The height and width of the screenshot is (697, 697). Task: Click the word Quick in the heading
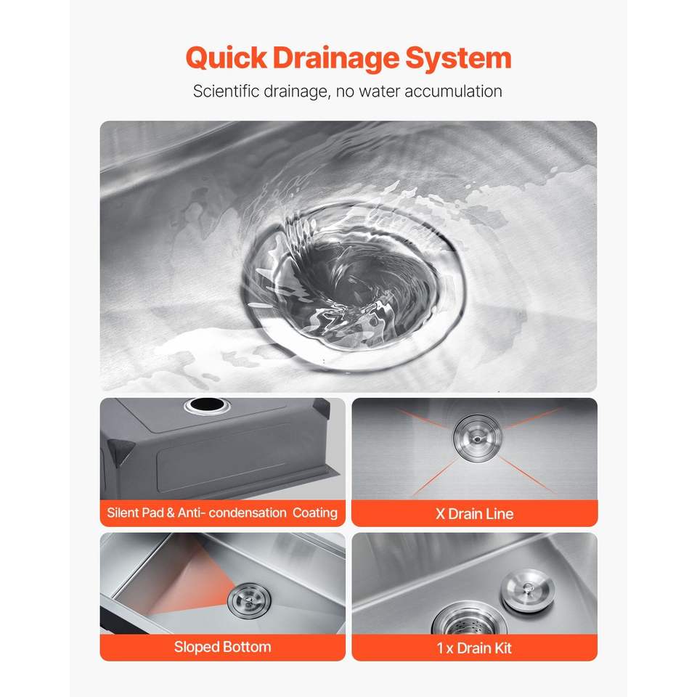click(x=227, y=59)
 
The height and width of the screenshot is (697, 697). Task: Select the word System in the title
click(x=458, y=59)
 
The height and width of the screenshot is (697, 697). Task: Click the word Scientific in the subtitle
click(x=226, y=91)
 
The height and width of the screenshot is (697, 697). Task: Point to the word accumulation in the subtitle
click(x=453, y=91)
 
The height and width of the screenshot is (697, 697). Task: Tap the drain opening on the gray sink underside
click(x=206, y=405)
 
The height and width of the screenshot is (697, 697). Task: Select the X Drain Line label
click(x=474, y=514)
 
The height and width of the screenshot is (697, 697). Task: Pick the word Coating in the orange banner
click(x=314, y=513)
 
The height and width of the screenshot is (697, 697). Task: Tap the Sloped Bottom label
click(x=222, y=647)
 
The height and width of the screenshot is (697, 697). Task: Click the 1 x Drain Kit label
click(x=474, y=648)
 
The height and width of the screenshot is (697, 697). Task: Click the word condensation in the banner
click(x=248, y=513)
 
